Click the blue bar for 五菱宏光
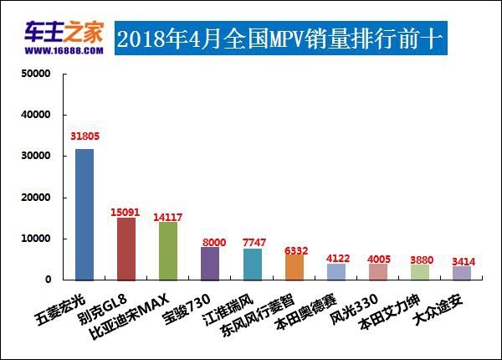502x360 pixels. click(x=85, y=213)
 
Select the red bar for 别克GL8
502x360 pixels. click(x=126, y=248)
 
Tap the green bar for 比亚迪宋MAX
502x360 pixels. click(x=168, y=250)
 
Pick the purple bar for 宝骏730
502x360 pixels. click(x=210, y=263)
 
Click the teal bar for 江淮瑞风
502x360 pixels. click(x=252, y=264)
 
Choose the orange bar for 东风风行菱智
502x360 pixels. click(x=294, y=266)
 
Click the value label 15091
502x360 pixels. click(x=126, y=211)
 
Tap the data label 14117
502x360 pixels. click(x=168, y=215)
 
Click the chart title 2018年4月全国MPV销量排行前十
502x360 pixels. click(x=277, y=39)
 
